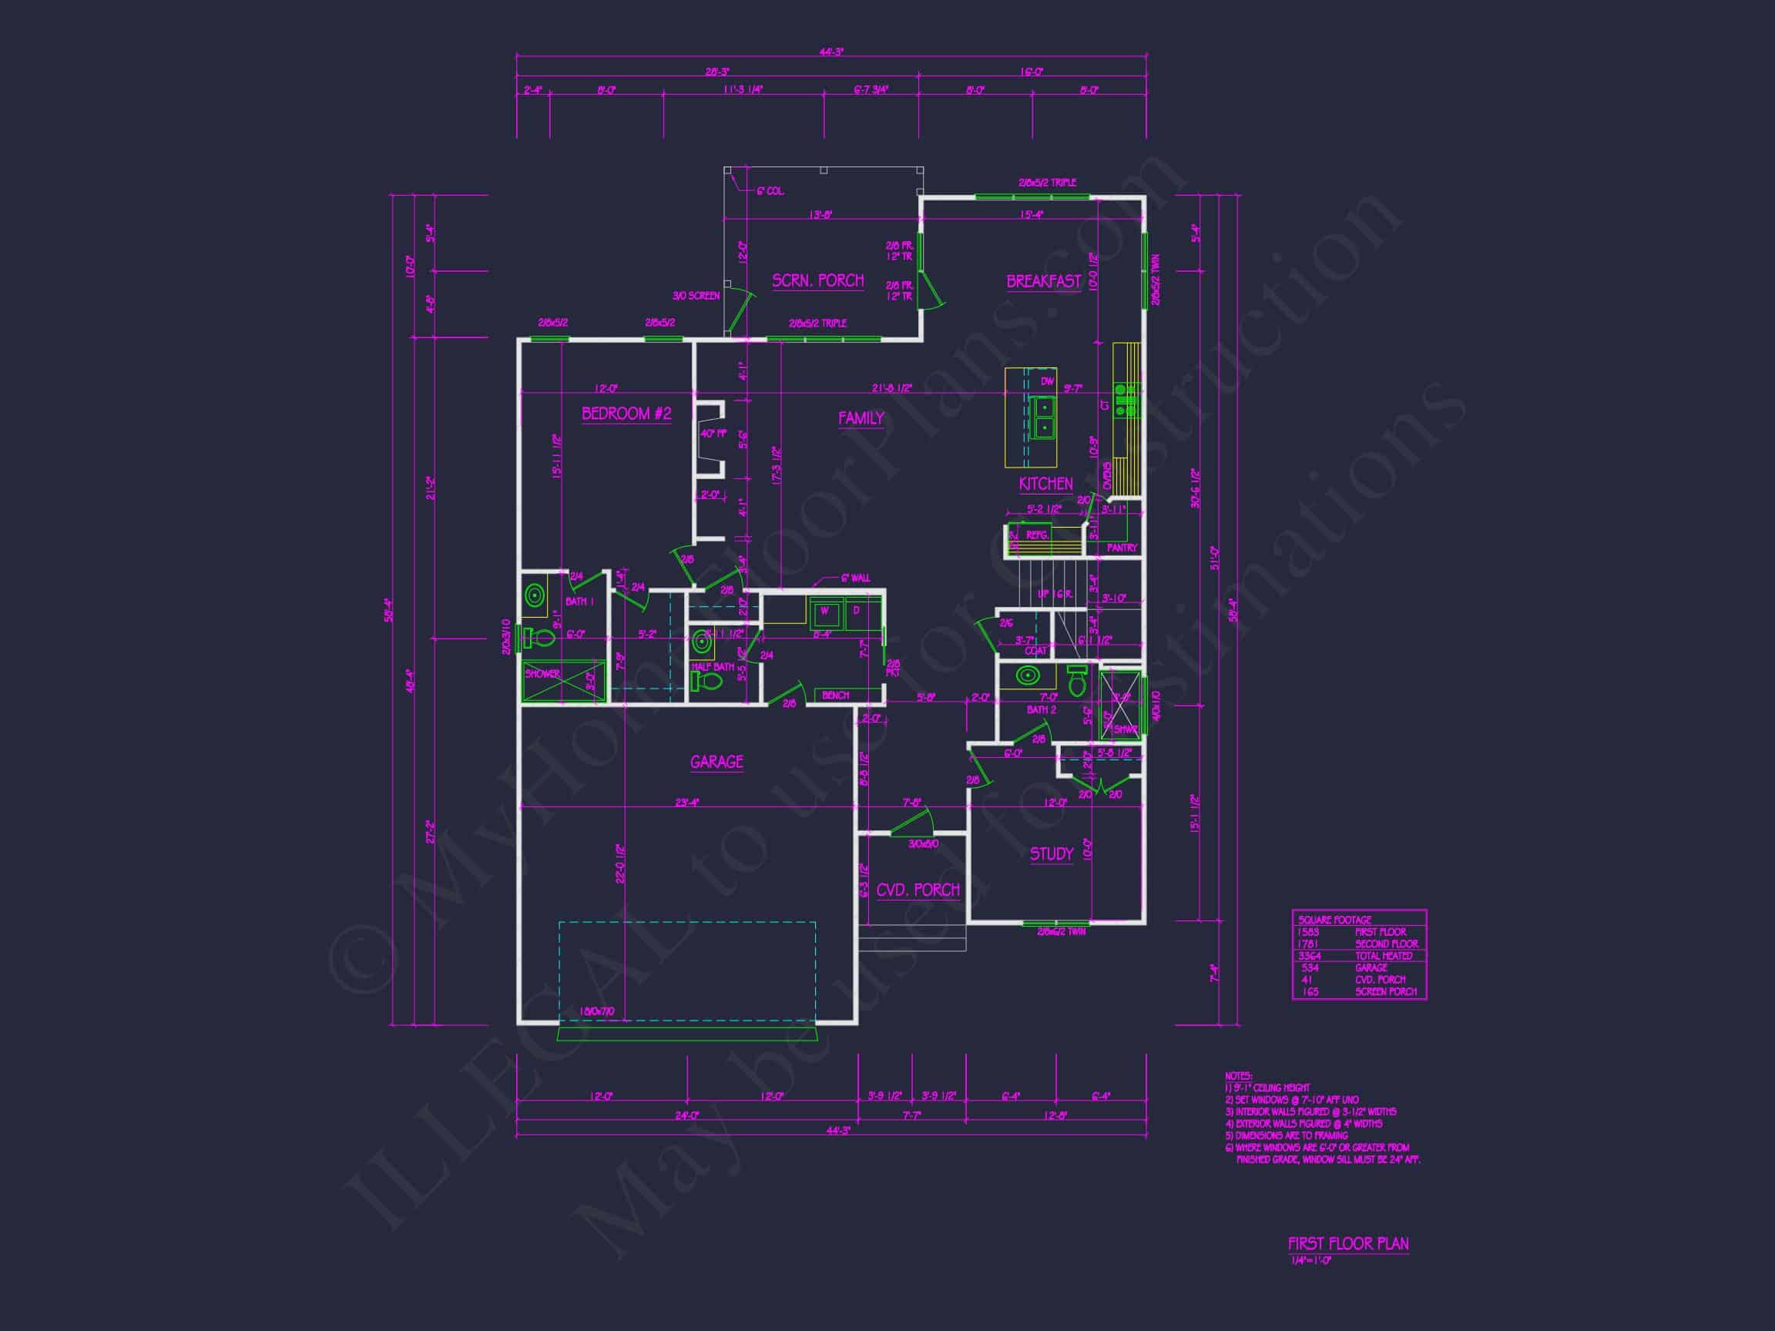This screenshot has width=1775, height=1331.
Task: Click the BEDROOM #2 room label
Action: pos(626,414)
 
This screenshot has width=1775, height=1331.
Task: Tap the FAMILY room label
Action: pos(861,418)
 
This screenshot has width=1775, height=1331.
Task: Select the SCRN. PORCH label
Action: pos(817,281)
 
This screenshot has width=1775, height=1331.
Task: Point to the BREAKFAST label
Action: pos(1043,282)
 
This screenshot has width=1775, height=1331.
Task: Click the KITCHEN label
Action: pos(1045,484)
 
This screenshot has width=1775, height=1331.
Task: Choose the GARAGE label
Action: pos(716,761)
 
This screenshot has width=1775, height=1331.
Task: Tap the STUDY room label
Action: pos(1051,853)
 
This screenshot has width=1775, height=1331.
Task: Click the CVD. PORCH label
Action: pos(918,890)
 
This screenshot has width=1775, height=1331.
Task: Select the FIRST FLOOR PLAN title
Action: pos(1348,1243)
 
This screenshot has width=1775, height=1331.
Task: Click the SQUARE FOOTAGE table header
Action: pos(1334,920)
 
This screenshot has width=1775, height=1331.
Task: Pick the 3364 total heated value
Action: pos(1310,956)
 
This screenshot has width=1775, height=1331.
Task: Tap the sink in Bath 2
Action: pos(1027,676)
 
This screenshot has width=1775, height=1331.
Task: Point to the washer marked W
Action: pos(825,615)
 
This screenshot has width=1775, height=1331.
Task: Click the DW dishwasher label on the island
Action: pos(1047,382)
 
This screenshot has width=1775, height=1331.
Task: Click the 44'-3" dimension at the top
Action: pos(831,52)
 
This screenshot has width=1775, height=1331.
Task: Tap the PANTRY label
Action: pos(1122,548)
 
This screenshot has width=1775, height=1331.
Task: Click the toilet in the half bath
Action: pos(706,682)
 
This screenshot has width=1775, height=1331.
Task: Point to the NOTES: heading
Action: pos(1238,1076)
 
